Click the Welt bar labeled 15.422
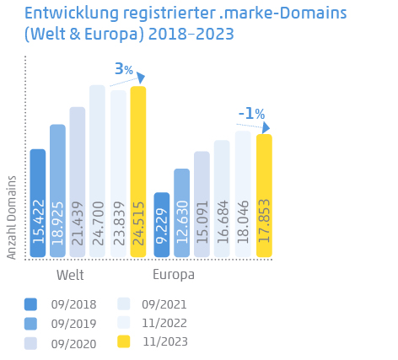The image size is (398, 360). pyautogui.click(x=38, y=203)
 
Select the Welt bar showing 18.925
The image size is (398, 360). pyautogui.click(x=57, y=191)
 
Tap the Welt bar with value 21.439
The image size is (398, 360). pyautogui.click(x=78, y=182)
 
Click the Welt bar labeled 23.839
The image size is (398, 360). pyautogui.click(x=118, y=174)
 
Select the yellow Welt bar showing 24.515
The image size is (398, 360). pyautogui.click(x=138, y=172)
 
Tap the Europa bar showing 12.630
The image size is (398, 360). pyautogui.click(x=182, y=213)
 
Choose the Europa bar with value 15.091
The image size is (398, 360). pyautogui.click(x=202, y=205)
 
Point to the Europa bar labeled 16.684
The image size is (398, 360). pyautogui.click(x=222, y=199)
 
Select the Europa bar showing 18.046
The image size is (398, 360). pyautogui.click(x=243, y=194)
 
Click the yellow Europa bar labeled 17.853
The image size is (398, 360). pyautogui.click(x=264, y=196)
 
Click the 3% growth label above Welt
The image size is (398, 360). pyautogui.click(x=124, y=69)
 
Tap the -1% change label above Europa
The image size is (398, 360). pyautogui.click(x=251, y=113)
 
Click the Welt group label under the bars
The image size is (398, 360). pyautogui.click(x=70, y=275)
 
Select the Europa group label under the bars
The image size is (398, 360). pyautogui.click(x=174, y=275)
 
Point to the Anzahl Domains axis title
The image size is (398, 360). pyautogui.click(x=12, y=217)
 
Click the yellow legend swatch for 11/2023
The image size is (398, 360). pyautogui.click(x=124, y=341)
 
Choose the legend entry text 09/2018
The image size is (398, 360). pyautogui.click(x=74, y=304)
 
